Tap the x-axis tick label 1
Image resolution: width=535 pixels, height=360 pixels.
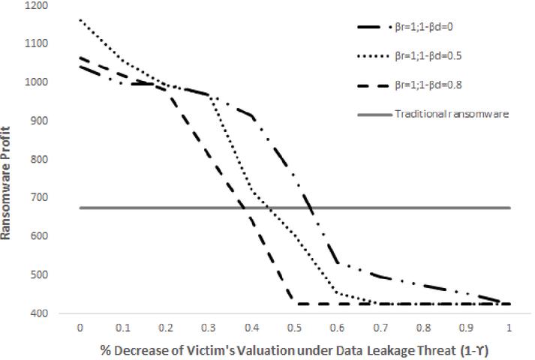click(x=510, y=327)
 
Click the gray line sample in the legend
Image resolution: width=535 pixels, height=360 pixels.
click(x=373, y=114)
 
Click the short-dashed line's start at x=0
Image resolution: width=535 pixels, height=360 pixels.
click(x=80, y=57)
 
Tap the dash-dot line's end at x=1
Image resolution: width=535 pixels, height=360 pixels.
click(x=510, y=304)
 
